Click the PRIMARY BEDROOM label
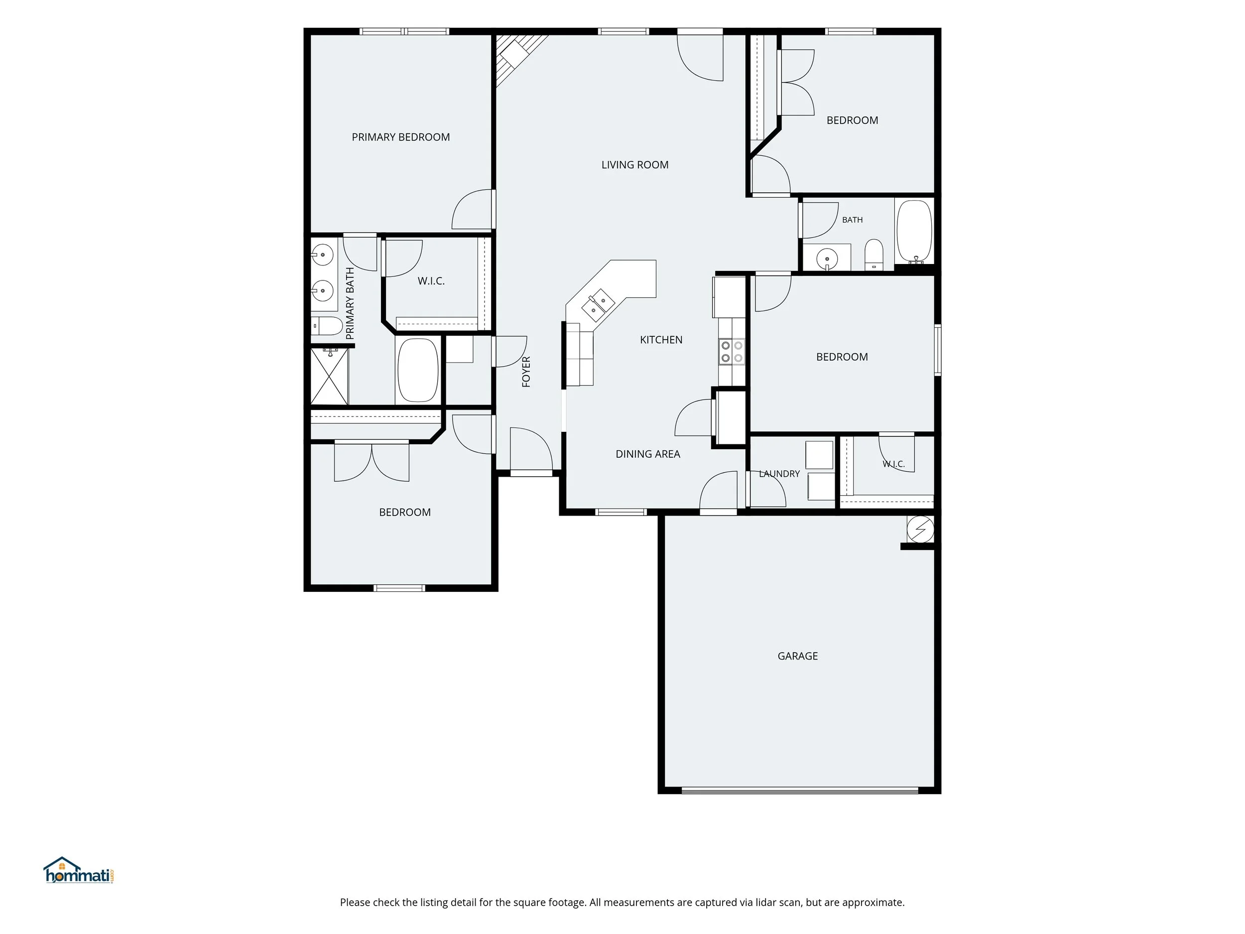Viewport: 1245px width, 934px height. (401, 137)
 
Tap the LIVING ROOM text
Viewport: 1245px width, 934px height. (635, 165)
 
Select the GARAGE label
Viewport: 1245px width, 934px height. (797, 656)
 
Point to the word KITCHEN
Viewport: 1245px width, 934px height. (661, 340)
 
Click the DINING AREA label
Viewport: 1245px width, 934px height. (648, 454)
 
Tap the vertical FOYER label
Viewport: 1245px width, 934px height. (526, 372)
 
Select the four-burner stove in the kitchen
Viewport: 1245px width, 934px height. (731, 352)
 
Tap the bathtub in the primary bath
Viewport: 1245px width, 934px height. (418, 370)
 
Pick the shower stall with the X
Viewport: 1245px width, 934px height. (329, 376)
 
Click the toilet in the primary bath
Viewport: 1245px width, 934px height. (327, 326)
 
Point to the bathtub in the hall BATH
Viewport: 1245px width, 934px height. (914, 232)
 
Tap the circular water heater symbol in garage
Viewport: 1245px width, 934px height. (920, 529)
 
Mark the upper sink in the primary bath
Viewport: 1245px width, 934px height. (323, 255)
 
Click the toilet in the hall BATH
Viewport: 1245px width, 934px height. (874, 255)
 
